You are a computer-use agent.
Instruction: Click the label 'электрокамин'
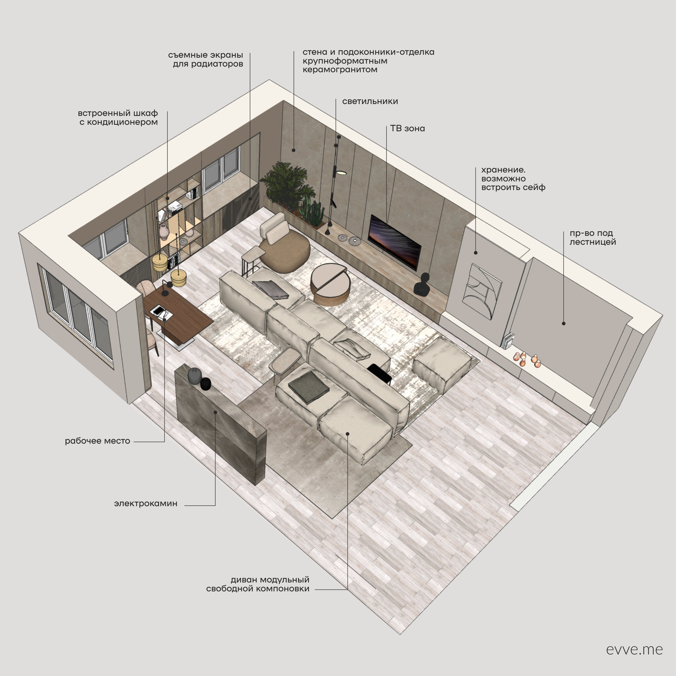coord(146,503)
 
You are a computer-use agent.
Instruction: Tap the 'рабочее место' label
coord(97,441)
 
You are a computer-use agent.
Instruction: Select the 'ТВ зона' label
coord(408,128)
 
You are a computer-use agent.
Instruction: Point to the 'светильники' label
coord(370,101)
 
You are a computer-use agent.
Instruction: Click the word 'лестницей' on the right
coord(593,242)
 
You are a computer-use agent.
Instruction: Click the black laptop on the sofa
coord(379,373)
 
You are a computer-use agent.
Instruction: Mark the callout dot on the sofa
coord(348,434)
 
